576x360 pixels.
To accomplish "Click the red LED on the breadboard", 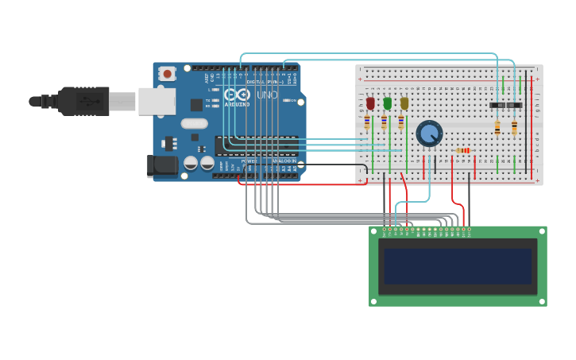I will (370, 103).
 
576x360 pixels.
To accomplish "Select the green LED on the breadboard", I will (388, 103).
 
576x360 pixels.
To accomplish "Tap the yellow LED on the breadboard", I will (404, 103).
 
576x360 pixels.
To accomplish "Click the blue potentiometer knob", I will (429, 134).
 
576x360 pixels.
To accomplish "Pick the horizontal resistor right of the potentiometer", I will (462, 150).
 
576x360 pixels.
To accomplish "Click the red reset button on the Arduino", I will (167, 73).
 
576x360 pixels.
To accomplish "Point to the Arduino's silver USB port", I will (156, 101).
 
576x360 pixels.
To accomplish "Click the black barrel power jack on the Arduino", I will (161, 165).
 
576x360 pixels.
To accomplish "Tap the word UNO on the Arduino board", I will (268, 95).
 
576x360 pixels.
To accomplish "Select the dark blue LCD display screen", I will (457, 266).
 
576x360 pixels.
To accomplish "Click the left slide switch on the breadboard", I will (498, 105).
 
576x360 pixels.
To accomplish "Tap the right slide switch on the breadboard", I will (514, 105).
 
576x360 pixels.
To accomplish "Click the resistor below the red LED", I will (367, 122).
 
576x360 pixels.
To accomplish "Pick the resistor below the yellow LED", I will (400, 122).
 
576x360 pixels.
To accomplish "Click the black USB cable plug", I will (79, 101).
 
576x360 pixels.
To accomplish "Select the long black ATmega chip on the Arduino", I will (256, 145).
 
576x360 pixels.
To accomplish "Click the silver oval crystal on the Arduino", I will (194, 123).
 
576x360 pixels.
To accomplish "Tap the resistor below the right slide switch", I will (514, 127).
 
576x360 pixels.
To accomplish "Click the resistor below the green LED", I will (384, 122).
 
